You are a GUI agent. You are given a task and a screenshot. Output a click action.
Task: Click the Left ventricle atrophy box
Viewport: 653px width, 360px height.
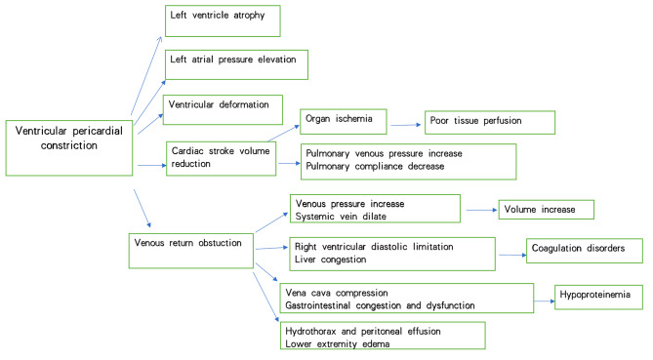(x=222, y=20)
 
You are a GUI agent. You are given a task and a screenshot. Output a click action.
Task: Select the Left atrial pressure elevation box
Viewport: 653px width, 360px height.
(x=236, y=63)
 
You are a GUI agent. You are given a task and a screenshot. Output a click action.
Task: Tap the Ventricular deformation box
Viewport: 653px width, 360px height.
(x=223, y=108)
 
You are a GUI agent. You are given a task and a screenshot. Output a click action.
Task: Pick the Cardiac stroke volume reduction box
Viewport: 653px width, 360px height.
(x=221, y=160)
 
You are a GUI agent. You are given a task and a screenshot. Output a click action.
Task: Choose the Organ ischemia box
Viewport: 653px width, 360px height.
(x=343, y=121)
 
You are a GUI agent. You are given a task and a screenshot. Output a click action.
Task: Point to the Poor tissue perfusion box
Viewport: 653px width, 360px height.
(x=488, y=122)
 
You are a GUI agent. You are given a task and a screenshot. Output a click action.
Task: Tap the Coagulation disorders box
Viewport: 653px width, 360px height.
(x=584, y=251)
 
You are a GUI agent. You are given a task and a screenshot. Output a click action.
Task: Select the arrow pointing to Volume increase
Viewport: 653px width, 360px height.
(x=479, y=208)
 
